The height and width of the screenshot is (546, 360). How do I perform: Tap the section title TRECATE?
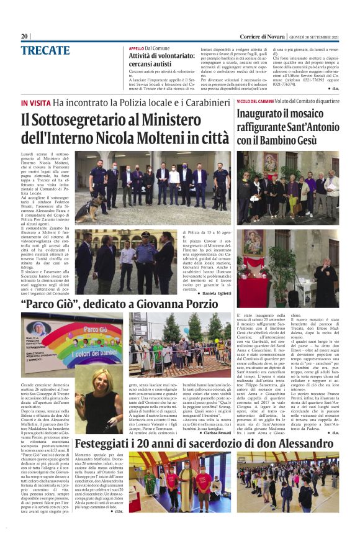45,50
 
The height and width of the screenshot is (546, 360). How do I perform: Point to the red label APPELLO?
136,48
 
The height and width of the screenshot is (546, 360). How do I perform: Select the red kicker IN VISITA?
35,102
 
